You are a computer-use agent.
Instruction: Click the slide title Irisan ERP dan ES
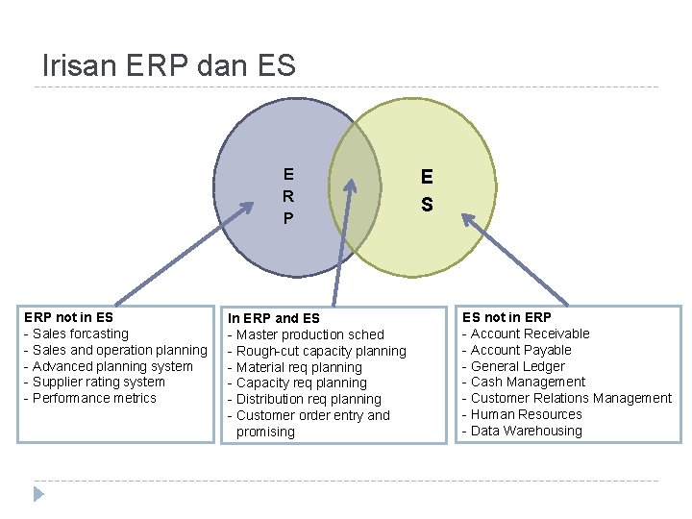(169, 65)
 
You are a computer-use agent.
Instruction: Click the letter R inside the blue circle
(288, 196)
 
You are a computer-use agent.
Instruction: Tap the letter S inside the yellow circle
(427, 205)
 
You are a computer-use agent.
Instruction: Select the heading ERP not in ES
(68, 317)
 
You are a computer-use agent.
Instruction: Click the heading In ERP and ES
(273, 318)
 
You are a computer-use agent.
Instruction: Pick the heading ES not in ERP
(507, 317)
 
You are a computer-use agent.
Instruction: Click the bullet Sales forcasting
(80, 334)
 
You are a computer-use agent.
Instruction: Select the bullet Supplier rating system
(98, 382)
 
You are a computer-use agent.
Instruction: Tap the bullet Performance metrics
(94, 398)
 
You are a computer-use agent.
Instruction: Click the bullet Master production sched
(309, 334)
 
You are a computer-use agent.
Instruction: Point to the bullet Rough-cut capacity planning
(321, 351)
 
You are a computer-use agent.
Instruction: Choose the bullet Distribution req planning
(309, 399)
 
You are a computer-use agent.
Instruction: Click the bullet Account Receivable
(530, 334)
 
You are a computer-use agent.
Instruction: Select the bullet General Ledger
(517, 366)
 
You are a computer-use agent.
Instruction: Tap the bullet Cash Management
(528, 382)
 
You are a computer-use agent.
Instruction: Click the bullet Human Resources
(526, 414)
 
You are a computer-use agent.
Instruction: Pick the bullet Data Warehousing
(526, 431)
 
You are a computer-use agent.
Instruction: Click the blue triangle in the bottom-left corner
(39, 494)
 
